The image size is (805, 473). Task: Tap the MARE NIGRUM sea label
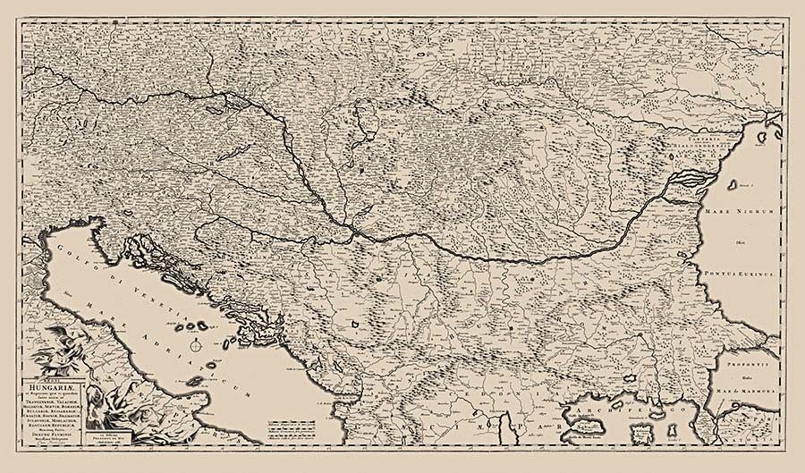coord(745,212)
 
